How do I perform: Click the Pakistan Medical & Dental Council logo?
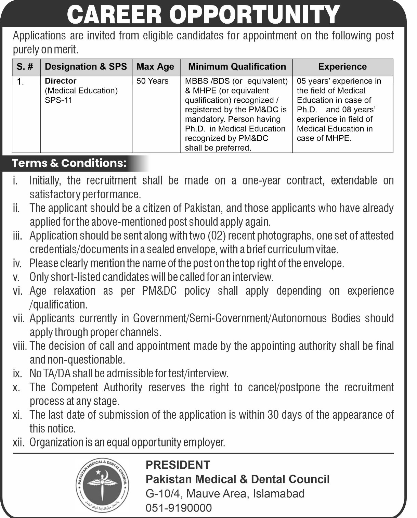(x=103, y=485)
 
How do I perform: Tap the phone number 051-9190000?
(x=179, y=508)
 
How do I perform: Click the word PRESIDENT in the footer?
(x=178, y=465)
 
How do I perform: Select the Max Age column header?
(x=155, y=66)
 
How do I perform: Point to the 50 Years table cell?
(x=153, y=81)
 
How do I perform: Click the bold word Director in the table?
(x=61, y=81)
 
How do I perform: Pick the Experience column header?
(x=342, y=66)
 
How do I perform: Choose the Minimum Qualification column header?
(x=237, y=66)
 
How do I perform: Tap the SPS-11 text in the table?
(x=58, y=100)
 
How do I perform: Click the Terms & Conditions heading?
(x=69, y=163)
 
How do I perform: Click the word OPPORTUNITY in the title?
(x=255, y=15)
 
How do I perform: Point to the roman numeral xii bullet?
(x=18, y=443)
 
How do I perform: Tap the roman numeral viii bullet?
(x=20, y=346)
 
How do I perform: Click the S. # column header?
(x=25, y=66)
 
